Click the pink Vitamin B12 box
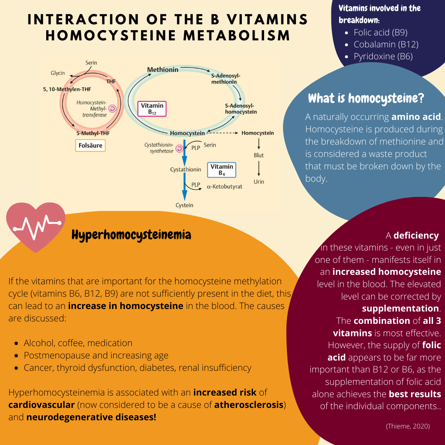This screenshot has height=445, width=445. (152, 109)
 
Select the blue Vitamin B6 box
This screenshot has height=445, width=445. (222, 170)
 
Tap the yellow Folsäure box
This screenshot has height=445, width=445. (90, 145)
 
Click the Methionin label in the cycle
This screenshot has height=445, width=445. (163, 70)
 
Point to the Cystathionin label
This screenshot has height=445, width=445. (185, 169)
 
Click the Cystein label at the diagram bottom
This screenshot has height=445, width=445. (184, 205)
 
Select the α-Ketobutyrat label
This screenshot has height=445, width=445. (225, 187)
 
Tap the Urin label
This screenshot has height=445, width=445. (259, 182)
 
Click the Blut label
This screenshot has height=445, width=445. (259, 155)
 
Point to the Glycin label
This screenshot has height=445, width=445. (58, 73)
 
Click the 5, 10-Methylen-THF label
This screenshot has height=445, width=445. (67, 89)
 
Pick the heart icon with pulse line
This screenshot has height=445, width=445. (36, 226)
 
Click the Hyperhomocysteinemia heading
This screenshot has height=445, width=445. (131, 235)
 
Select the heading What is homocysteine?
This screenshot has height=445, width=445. (366, 98)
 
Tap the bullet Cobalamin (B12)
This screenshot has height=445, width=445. (386, 44)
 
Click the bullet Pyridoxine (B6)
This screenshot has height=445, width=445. (383, 56)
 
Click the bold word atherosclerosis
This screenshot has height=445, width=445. (249, 405)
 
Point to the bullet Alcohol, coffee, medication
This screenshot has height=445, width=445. (78, 343)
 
